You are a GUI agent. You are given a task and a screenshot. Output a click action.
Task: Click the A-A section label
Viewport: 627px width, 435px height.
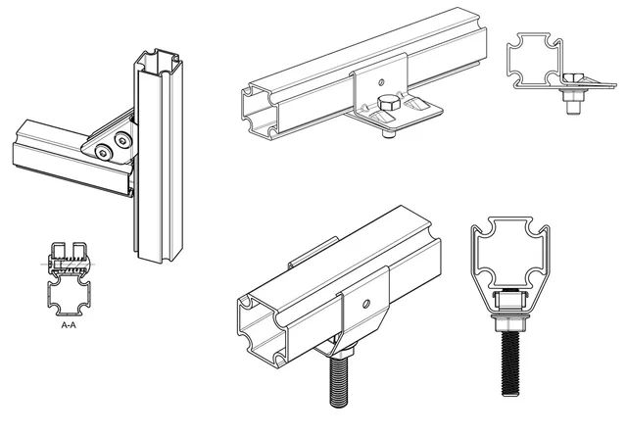(x=69, y=325)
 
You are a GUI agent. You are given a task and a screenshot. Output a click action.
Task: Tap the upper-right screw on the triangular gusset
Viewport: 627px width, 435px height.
(x=121, y=140)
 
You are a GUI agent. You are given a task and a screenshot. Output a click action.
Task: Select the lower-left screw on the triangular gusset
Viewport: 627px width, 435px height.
(x=103, y=152)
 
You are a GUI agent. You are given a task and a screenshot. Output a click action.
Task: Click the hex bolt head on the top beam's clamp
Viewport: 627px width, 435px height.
(x=388, y=103)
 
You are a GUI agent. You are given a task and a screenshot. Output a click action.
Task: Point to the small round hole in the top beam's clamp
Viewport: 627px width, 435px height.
(x=381, y=82)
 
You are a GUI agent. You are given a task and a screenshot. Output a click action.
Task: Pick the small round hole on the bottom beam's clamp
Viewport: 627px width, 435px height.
(x=365, y=305)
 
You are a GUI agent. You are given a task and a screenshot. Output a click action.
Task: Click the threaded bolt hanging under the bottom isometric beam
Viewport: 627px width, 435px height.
(x=340, y=381)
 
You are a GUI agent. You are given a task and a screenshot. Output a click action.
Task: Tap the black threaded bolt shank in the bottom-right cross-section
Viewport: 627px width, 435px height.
(x=510, y=363)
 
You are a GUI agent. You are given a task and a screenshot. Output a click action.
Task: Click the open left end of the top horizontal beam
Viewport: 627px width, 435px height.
(x=259, y=112)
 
